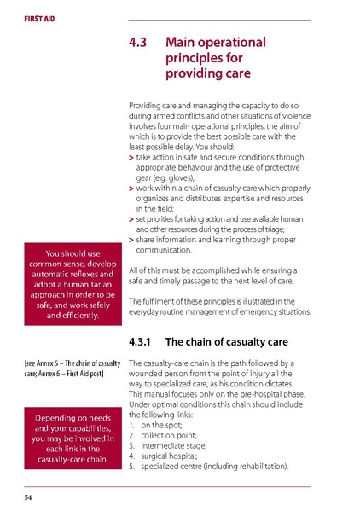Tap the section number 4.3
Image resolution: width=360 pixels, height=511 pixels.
pos(138,41)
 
